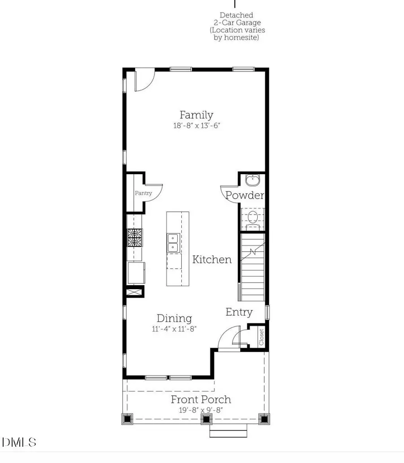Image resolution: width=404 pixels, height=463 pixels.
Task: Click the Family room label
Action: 196,115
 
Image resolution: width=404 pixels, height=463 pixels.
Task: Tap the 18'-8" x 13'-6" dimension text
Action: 197,126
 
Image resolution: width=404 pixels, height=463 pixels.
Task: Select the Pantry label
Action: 143,193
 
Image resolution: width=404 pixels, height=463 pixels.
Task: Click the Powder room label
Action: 245,195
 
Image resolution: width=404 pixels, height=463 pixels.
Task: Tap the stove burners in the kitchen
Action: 134,238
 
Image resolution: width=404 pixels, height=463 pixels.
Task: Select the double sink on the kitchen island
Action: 173,243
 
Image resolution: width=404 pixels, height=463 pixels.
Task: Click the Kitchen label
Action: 212,259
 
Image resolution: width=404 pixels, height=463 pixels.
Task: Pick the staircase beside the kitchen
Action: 252,267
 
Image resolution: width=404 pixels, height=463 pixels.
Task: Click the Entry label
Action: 239,312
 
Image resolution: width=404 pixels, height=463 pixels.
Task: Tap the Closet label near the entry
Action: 262,337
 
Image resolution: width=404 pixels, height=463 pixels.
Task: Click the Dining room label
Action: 174,318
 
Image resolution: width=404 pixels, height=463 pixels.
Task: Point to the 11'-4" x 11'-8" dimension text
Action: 174,329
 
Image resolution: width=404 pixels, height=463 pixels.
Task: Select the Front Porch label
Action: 201,399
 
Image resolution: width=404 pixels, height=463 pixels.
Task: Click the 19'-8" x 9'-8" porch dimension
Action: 201,410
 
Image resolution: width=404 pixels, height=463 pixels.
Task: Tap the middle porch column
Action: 206,419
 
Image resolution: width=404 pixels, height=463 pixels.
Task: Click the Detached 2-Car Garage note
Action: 237,26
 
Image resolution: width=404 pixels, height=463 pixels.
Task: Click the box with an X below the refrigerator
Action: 135,292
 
